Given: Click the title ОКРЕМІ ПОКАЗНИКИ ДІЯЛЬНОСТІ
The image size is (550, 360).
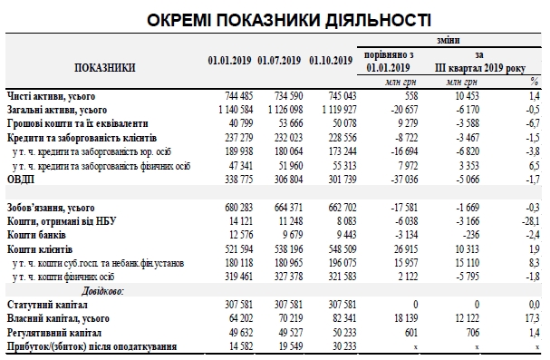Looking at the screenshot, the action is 274,18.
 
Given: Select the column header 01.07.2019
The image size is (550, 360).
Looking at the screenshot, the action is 278,61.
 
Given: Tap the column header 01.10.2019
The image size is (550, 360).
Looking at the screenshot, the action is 330,61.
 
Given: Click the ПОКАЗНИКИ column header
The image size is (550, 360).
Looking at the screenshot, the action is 106,67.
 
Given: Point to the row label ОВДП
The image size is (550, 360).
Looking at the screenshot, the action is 22,180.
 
